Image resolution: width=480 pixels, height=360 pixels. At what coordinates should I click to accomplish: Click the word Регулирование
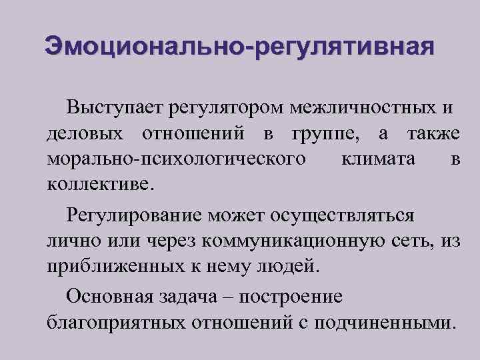tap(134, 216)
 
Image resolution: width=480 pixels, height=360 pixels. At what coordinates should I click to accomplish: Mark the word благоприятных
tap(117, 323)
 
